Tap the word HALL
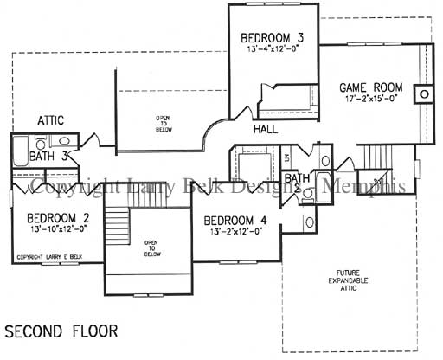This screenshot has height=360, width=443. click(266, 129)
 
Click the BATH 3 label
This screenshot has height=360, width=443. click(45, 157)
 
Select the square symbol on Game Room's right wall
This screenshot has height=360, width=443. click(423, 93)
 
